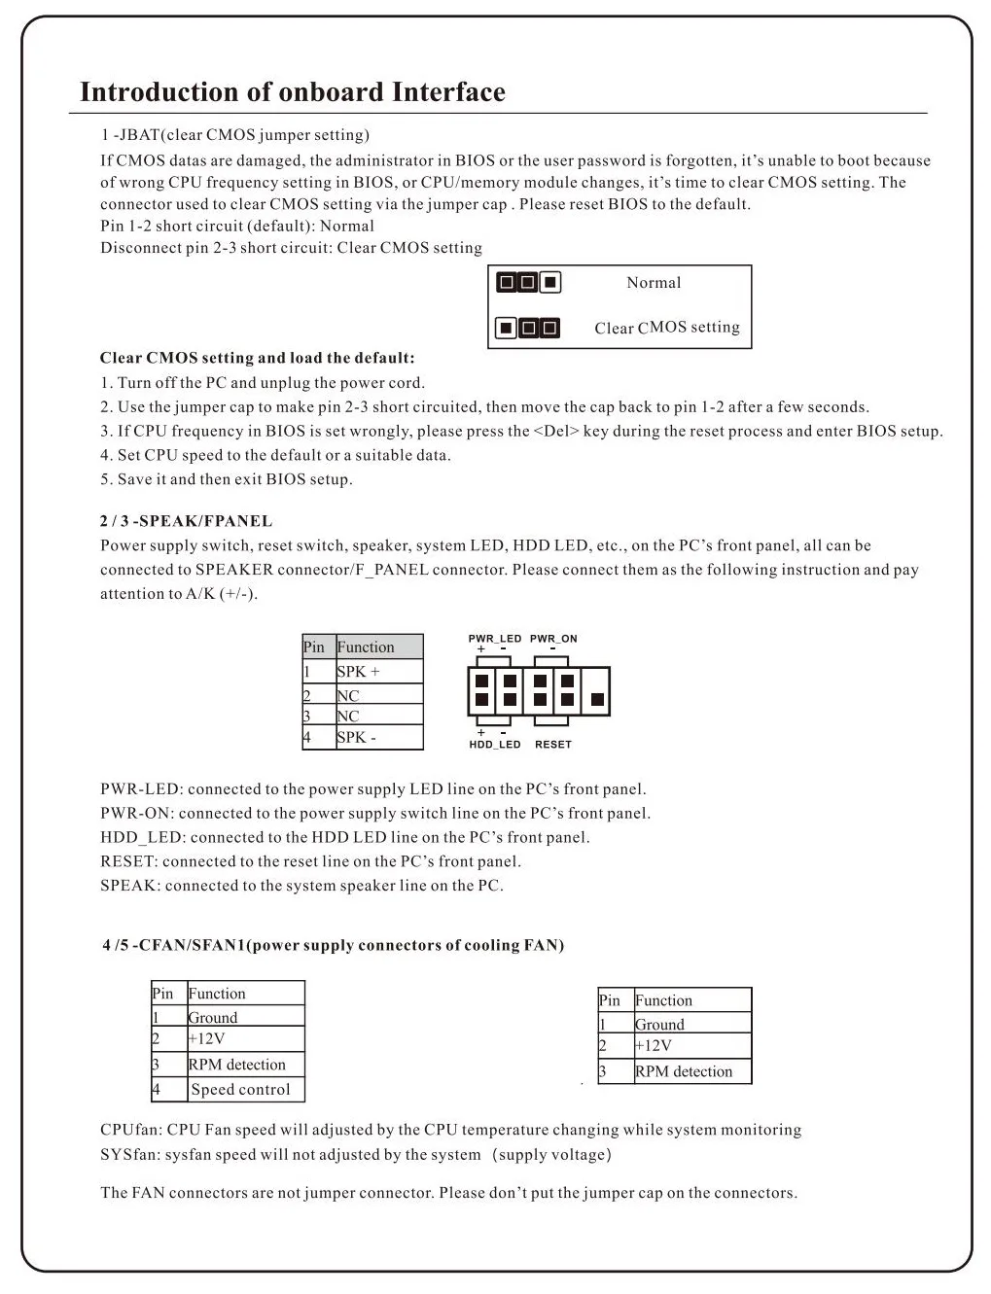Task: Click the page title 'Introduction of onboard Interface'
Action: tap(292, 92)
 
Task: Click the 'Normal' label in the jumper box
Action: tap(654, 283)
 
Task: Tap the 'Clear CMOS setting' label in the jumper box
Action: tap(667, 328)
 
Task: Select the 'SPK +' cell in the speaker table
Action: tap(359, 672)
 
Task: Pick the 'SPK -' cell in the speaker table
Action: tap(357, 738)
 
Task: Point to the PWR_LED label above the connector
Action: tap(495, 639)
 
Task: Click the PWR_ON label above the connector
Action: tap(553, 639)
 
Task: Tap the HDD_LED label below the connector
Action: tap(495, 745)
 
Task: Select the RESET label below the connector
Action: tap(553, 745)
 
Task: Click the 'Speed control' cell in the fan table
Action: tap(240, 1090)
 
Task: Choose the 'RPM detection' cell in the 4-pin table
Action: tap(237, 1065)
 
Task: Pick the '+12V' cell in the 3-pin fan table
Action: tap(654, 1046)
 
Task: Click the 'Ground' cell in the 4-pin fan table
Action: tap(213, 1018)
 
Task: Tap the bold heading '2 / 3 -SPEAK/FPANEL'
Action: tap(186, 521)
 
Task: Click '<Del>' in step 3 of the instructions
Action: tap(556, 432)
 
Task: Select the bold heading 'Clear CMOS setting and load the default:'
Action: tap(257, 358)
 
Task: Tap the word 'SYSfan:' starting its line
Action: tap(130, 1155)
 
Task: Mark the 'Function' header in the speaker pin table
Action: tap(366, 647)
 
